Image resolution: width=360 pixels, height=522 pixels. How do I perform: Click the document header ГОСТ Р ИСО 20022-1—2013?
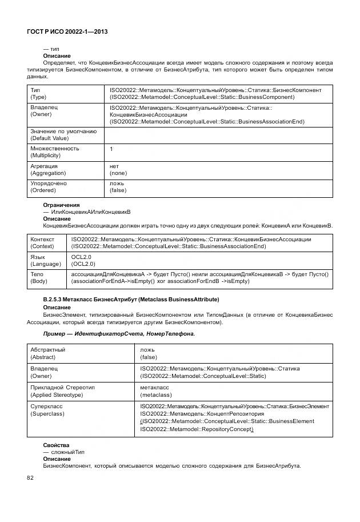click(x=67, y=32)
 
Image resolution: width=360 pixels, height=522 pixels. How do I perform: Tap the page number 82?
click(x=30, y=477)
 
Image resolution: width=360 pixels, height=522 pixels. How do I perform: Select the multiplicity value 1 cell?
click(x=111, y=149)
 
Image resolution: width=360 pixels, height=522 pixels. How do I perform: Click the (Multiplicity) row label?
click(x=47, y=156)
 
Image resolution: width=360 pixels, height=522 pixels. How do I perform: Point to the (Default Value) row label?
click(x=49, y=138)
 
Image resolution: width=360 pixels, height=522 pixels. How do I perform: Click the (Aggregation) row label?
click(x=48, y=173)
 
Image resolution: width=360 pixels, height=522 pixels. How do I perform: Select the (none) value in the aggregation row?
click(x=118, y=173)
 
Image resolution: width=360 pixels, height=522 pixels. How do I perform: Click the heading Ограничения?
click(x=61, y=205)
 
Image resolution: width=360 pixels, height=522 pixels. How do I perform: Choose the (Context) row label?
click(x=42, y=246)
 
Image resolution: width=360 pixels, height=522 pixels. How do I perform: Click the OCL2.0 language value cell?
click(x=83, y=261)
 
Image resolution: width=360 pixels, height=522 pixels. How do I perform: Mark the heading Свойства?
click(x=56, y=444)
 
